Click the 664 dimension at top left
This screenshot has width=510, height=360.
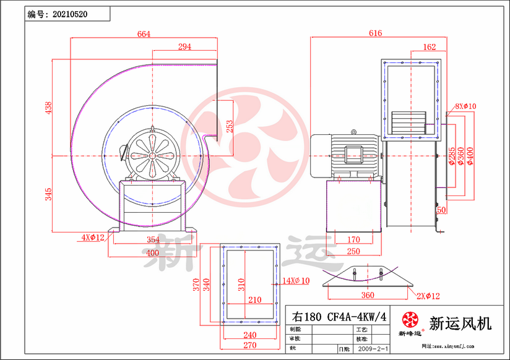[144, 34]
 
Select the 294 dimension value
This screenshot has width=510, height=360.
[184, 46]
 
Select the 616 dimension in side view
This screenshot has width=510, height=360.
[376, 33]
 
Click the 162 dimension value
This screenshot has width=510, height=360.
[429, 47]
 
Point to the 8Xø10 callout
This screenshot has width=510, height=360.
[465, 106]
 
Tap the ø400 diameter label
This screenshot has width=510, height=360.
[470, 157]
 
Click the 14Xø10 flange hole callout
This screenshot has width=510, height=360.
[296, 281]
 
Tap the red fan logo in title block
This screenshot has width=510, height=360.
[410, 320]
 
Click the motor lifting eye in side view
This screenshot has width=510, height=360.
[353, 132]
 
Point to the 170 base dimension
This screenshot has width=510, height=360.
[353, 239]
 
